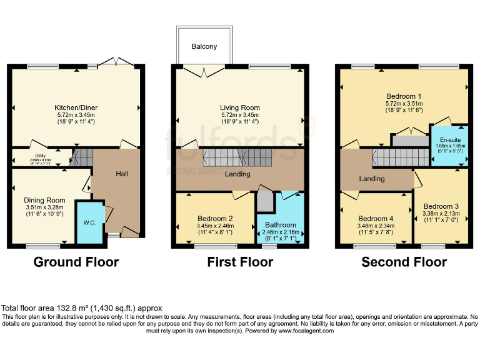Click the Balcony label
coord(204,47)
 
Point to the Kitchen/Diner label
coord(76,107)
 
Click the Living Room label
coord(239,107)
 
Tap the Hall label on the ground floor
coord(122,173)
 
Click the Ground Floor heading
coord(76,262)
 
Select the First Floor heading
coord(240,262)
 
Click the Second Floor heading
coord(404,262)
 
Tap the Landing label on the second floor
coord(372,179)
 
